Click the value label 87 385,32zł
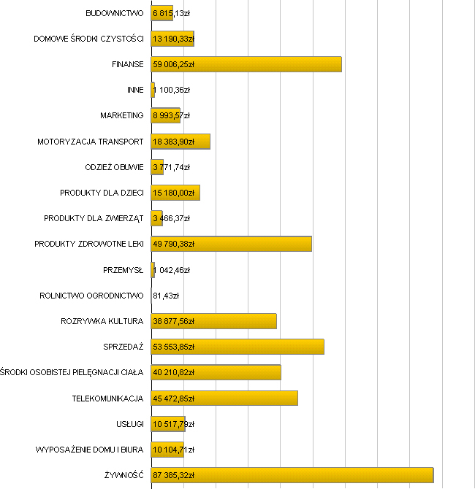[x=174, y=475]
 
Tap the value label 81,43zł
[x=166, y=296]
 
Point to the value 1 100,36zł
[x=172, y=90]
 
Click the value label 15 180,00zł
[x=174, y=193]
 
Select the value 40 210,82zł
[x=174, y=372]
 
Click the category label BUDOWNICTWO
[x=115, y=13]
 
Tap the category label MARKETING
[x=122, y=115]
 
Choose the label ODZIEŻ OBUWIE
[x=115, y=167]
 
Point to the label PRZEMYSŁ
[x=123, y=270]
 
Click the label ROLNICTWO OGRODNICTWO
[x=91, y=296]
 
